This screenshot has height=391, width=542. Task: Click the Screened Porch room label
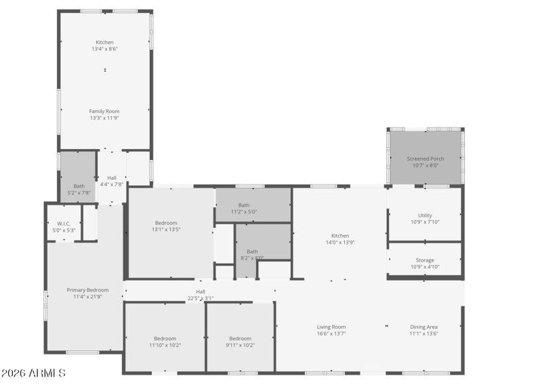click(x=425, y=159)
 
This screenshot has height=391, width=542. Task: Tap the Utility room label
click(x=425, y=215)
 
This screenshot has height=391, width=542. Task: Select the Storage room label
click(x=425, y=260)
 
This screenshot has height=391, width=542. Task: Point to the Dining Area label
click(x=423, y=327)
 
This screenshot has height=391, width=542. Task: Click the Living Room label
click(x=331, y=327)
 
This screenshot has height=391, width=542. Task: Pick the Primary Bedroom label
click(x=87, y=290)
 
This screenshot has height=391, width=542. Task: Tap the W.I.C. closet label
click(x=64, y=224)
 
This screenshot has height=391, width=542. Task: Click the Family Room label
click(x=104, y=111)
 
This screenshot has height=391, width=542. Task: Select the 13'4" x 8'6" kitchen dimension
click(x=104, y=49)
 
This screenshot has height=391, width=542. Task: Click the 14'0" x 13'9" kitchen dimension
click(x=340, y=243)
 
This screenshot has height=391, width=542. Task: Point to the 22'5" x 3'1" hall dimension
click(x=201, y=297)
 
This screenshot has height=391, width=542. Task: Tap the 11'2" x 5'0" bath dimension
click(x=244, y=211)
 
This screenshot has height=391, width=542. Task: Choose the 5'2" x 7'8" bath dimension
click(x=79, y=192)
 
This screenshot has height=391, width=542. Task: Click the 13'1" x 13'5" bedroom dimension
click(x=166, y=229)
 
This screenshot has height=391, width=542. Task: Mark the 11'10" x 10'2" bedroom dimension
click(x=165, y=345)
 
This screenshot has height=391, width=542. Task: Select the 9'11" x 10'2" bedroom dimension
click(x=240, y=345)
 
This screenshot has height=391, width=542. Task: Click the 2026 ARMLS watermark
click(x=34, y=373)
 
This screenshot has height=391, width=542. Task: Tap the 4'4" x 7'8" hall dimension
click(x=112, y=184)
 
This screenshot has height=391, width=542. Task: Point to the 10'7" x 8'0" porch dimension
click(x=425, y=165)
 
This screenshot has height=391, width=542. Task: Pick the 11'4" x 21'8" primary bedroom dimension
click(x=87, y=296)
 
